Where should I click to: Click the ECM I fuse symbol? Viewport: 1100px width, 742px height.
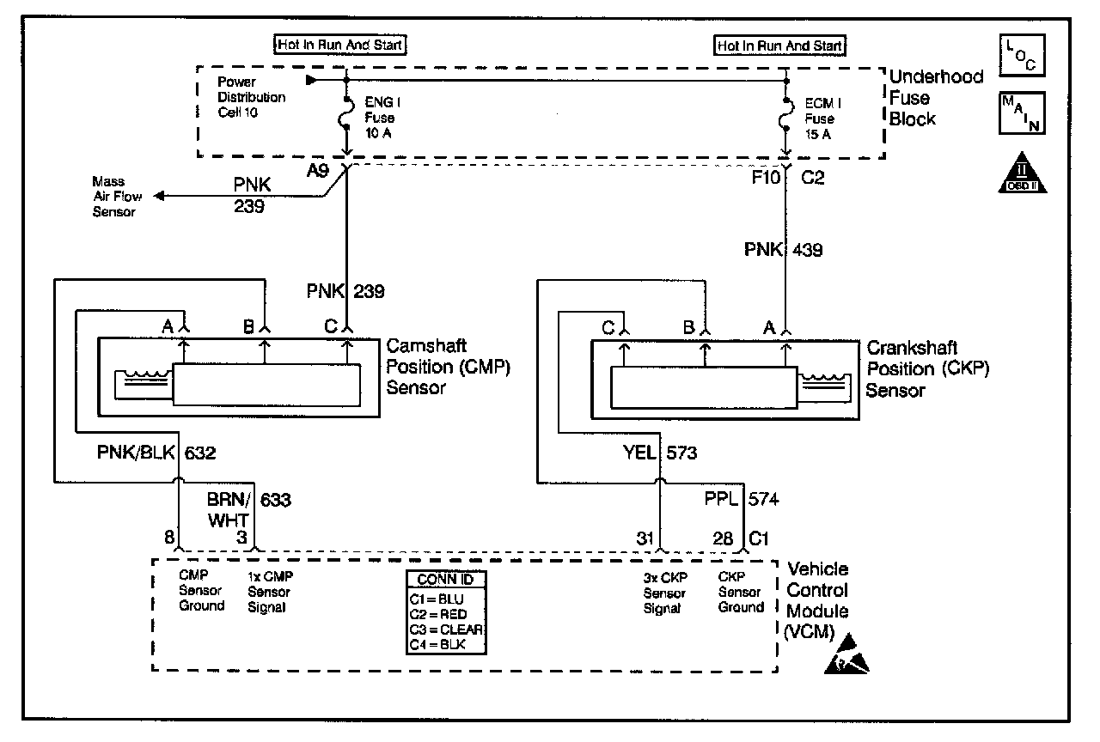pos(785,114)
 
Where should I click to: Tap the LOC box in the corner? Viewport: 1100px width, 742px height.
pos(1022,55)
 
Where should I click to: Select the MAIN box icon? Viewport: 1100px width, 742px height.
pos(1022,113)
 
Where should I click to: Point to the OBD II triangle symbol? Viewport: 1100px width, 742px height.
pos(1023,173)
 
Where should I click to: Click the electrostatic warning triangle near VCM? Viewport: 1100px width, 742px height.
pos(846,654)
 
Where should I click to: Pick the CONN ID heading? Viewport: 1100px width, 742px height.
pos(445,580)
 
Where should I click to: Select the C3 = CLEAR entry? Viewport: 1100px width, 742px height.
pos(446,629)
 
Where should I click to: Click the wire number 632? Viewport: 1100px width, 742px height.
pos(200,453)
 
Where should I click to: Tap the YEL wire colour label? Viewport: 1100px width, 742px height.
pos(639,452)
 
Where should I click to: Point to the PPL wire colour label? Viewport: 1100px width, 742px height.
pos(721,499)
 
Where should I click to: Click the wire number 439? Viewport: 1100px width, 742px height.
pos(807,250)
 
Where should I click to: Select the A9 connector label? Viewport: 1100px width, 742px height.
pos(318,171)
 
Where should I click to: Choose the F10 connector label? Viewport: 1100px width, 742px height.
pos(766,177)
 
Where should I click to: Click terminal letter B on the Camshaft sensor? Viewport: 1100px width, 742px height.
pos(249,326)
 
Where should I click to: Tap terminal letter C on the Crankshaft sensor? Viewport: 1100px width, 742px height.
pos(608,327)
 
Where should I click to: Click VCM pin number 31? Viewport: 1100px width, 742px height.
pos(645,538)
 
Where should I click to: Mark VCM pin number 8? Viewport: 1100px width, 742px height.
pos(169,537)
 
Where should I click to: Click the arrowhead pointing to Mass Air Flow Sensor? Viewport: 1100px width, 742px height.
pos(159,197)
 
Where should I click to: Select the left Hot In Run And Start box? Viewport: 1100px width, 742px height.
pos(339,45)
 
